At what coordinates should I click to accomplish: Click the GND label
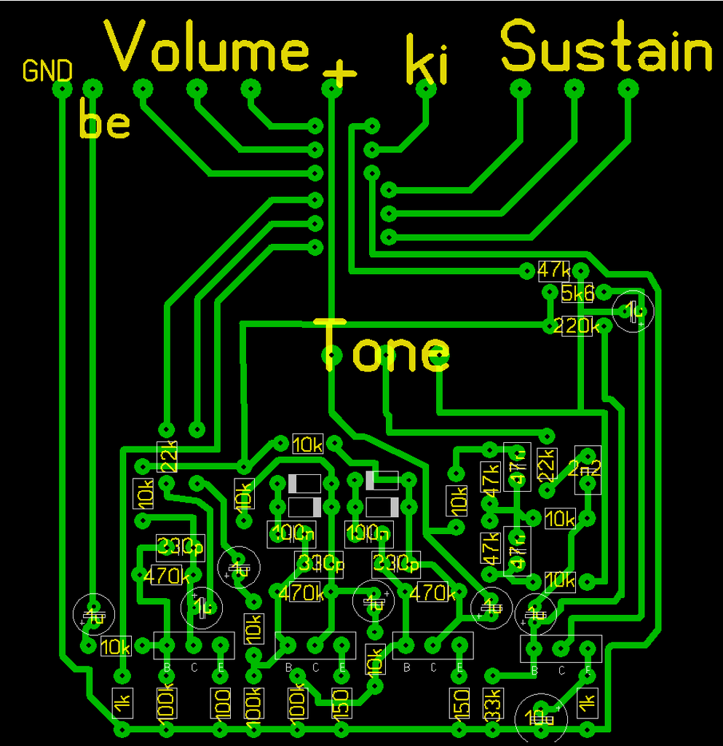click(x=47, y=71)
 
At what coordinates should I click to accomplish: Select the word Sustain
click(x=607, y=47)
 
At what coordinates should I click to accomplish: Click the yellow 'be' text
click(x=104, y=122)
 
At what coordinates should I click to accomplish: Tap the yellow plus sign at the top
click(x=339, y=71)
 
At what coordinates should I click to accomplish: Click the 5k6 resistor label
click(x=577, y=293)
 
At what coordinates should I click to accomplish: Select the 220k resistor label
click(x=575, y=326)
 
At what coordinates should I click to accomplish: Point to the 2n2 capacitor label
click(x=587, y=468)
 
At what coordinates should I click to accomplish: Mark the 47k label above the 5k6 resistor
click(x=554, y=270)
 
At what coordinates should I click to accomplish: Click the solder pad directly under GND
click(x=63, y=89)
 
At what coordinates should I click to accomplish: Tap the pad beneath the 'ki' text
click(x=427, y=90)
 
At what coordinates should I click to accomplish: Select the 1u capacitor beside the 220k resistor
click(x=633, y=311)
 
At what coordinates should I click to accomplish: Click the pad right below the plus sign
click(x=331, y=90)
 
